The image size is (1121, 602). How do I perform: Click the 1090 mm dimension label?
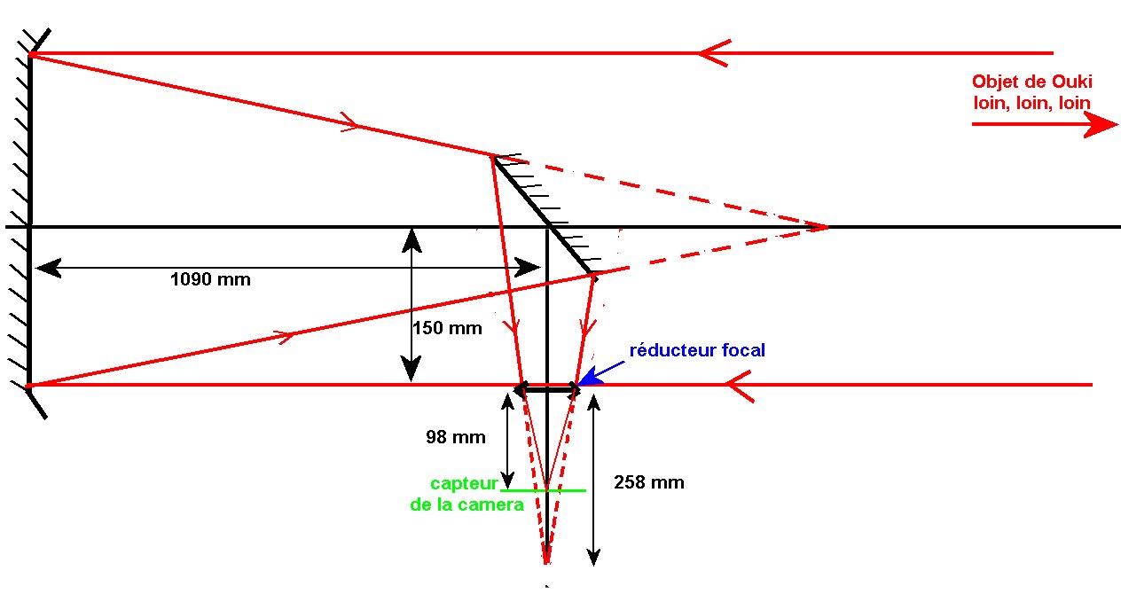pos(210,280)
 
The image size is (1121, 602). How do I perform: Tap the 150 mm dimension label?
pos(447,328)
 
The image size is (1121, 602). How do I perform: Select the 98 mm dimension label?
pos(456,437)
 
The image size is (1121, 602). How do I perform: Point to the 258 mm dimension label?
pos(648,483)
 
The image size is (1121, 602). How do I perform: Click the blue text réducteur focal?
pos(697,350)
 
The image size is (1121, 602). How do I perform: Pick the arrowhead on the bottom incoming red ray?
pos(740,385)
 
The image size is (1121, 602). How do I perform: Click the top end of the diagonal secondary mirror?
pos(494,157)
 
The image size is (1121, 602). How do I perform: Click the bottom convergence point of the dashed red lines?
pos(545,560)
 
